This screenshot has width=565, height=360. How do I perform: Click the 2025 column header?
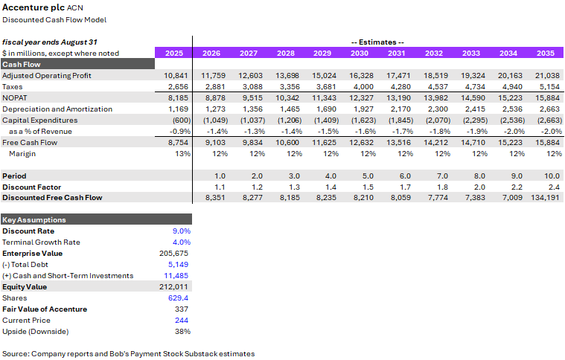coord(173,53)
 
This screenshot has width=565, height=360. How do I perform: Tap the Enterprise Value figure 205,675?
coord(177,253)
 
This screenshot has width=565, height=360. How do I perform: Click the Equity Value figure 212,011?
coord(177,286)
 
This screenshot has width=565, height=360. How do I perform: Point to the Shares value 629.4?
coord(179,298)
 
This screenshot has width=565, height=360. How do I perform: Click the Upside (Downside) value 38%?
coord(183,331)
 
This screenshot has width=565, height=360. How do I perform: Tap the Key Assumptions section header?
coord(34,220)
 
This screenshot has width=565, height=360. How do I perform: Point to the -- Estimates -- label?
coord(377,42)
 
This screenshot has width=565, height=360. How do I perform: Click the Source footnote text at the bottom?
coord(128,353)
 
